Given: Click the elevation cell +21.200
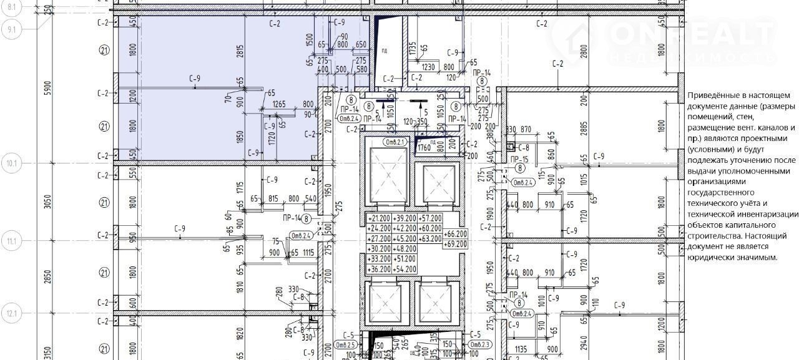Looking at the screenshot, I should tap(379, 218).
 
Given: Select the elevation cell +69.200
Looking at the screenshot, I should tap(456, 243).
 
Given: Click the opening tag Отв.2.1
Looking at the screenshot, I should tap(380, 142).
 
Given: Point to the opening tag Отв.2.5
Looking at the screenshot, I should tap(345, 344).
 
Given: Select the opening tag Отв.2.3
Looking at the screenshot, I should tap(481, 344).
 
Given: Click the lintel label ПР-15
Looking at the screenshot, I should tap(519, 160).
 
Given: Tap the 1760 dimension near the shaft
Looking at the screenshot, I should tap(424, 148).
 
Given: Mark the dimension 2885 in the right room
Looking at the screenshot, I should tap(583, 129).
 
